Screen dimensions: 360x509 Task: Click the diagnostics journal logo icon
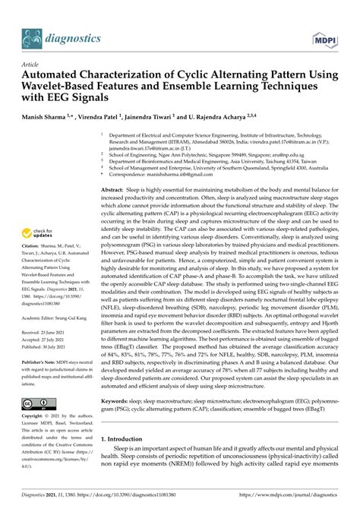[33, 36]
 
